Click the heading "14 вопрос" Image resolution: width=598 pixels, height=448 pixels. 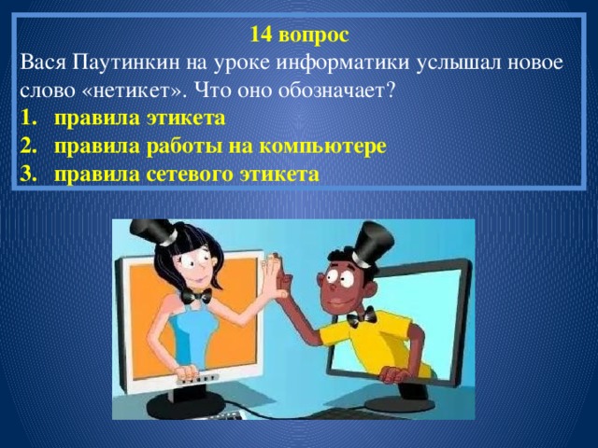300,35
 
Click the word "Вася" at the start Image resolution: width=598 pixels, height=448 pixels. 39,62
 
